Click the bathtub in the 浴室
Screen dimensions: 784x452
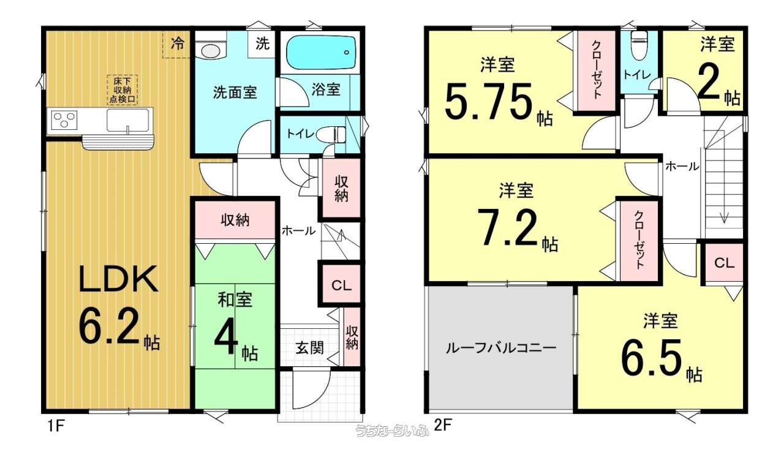pos(320,53)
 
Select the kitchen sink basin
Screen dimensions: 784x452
pos(128,121)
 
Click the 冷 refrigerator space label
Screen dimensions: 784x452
pos(178,43)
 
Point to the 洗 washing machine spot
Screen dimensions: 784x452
pos(263,43)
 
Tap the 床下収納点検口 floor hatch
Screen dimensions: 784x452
pos(122,90)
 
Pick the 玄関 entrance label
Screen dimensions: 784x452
pos(310,348)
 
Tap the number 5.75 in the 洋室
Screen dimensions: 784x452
pos(490,102)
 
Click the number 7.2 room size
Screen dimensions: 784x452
pos(508,227)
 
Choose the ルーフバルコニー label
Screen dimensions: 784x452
pos(501,348)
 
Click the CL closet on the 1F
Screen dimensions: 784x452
pos(341,285)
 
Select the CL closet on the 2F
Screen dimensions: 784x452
pos(724,263)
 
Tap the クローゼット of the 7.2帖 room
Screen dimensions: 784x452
pos(639,239)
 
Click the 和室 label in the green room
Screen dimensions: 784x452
pos(235,300)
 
